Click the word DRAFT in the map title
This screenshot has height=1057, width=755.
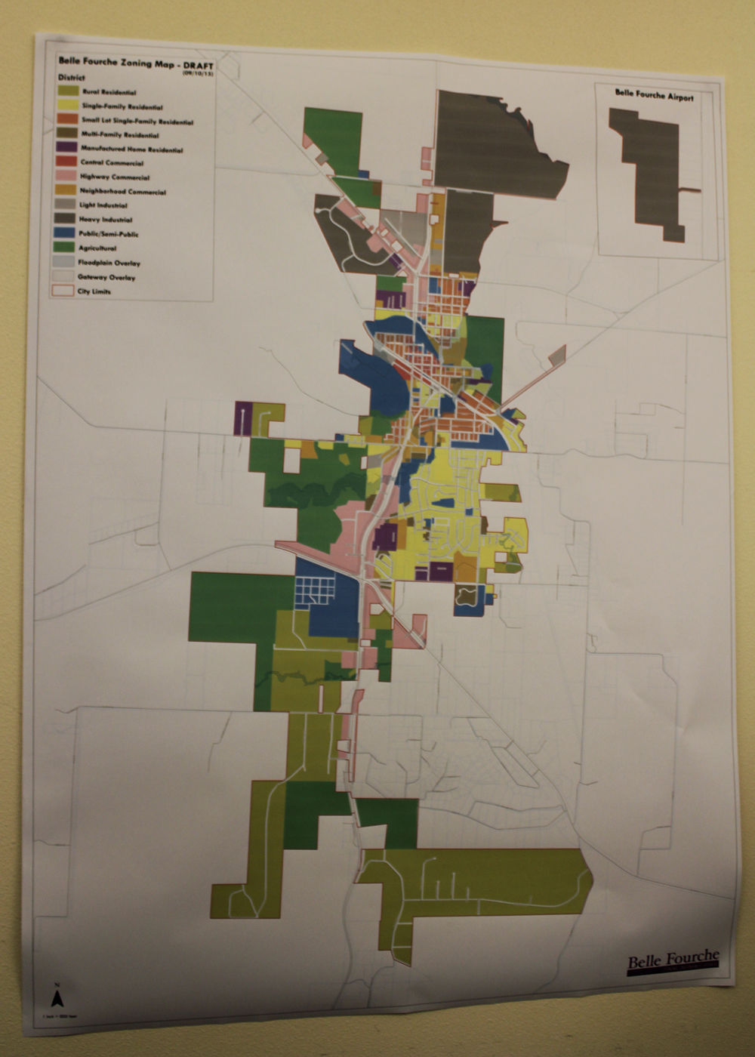[199, 66]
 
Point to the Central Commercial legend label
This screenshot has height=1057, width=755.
[112, 162]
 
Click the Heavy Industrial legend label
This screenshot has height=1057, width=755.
[106, 220]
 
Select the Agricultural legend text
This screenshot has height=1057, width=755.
[97, 248]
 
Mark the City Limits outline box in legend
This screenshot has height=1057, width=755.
[63, 291]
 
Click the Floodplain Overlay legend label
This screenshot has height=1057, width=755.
[109, 263]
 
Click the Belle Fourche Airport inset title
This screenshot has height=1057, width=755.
[654, 96]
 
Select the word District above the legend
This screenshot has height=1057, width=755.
[72, 78]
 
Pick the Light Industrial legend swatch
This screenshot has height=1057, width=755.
[66, 205]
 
